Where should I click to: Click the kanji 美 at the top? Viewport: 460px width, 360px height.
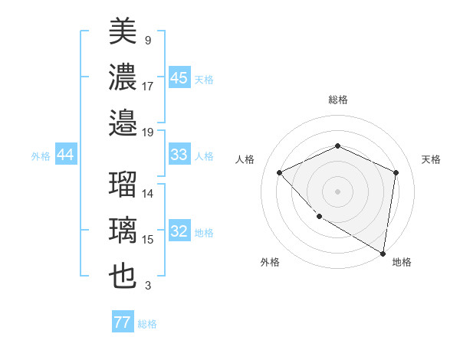point(123,31)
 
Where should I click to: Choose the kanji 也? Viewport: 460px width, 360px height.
point(123,276)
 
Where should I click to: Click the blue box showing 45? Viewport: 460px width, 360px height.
point(179,78)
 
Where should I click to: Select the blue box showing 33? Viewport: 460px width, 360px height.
point(179,155)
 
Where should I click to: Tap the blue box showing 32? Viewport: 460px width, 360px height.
point(179,232)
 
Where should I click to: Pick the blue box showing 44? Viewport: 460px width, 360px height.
point(65,155)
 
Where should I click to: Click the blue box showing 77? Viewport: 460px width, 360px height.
point(122,323)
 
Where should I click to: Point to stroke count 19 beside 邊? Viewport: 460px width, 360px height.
point(149,132)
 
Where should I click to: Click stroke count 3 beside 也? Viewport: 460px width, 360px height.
point(148,286)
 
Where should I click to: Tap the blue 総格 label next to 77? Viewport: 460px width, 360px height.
point(147,324)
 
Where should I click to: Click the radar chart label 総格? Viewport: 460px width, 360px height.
point(337,100)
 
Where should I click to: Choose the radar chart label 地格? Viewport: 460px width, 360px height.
point(402,263)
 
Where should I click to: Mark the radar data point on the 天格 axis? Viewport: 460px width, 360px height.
point(396,172)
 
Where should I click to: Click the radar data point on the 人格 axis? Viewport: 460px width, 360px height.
point(280,172)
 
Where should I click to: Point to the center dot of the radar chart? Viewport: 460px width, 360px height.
point(337,191)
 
